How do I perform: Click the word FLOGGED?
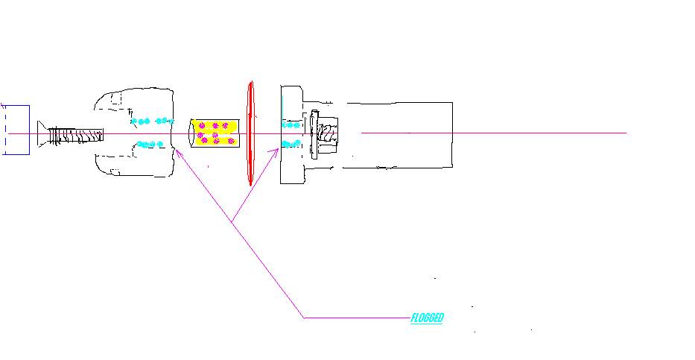click(x=427, y=318)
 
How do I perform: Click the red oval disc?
click(x=250, y=133)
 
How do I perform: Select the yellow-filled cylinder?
click(x=215, y=133)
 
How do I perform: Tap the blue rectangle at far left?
click(x=16, y=130)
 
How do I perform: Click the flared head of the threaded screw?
click(x=42, y=134)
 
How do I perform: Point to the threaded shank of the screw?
click(x=75, y=135)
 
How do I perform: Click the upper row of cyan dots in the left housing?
click(x=152, y=121)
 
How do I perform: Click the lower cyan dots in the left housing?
click(x=150, y=144)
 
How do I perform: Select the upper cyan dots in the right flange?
click(x=291, y=125)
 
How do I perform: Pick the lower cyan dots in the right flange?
click(x=291, y=144)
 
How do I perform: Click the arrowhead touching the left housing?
click(x=178, y=154)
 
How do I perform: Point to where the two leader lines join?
click(x=232, y=221)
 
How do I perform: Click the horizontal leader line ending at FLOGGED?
click(x=358, y=318)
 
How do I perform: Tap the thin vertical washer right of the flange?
click(x=314, y=134)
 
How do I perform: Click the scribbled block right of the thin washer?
click(x=328, y=133)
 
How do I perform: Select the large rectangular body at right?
click(x=398, y=135)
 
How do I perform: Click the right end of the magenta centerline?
click(x=626, y=133)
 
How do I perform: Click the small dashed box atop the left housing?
click(x=116, y=98)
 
